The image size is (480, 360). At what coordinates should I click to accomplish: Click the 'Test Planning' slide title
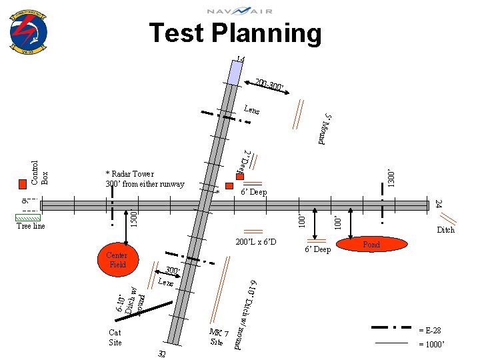[235, 33]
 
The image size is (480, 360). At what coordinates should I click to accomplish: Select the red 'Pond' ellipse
[371, 245]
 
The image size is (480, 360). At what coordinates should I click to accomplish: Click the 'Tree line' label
[31, 227]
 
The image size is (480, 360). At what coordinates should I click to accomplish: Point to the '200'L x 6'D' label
[255, 241]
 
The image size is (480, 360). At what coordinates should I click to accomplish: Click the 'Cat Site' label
[115, 337]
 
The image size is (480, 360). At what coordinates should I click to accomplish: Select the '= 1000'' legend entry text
[429, 344]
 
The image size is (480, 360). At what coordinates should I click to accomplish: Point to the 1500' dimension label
[133, 217]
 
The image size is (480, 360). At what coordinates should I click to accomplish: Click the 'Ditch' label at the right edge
[445, 230]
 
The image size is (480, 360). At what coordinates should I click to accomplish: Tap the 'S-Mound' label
[325, 129]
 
